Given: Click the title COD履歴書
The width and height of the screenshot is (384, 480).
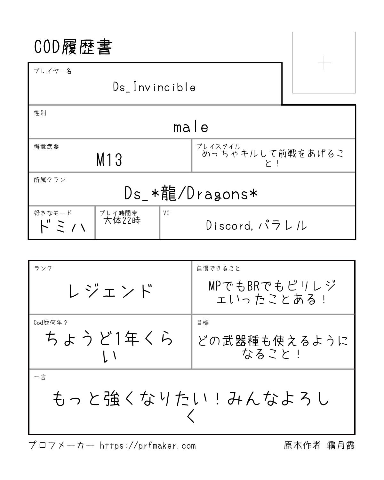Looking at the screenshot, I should (73, 47).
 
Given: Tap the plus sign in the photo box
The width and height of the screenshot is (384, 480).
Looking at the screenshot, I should (324, 62).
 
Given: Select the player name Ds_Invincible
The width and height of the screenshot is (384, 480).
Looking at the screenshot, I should (154, 87).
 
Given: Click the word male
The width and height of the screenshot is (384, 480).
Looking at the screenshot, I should (191, 127).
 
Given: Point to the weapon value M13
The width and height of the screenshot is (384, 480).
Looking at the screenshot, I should (109, 159).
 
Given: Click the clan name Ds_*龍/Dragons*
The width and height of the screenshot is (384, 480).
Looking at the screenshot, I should (191, 194).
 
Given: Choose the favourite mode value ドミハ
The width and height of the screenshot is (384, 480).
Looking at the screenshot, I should (61, 227).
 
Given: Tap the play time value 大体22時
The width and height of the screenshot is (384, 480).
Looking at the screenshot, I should (122, 220).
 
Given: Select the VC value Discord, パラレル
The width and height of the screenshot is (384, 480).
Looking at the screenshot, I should (256, 226).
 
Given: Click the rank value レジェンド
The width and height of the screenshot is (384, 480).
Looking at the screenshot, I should (110, 291).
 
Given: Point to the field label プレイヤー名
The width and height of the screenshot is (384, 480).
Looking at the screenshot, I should (52, 71).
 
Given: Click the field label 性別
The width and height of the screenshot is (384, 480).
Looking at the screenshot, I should (40, 113).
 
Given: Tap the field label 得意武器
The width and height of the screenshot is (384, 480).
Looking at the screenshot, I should (46, 147).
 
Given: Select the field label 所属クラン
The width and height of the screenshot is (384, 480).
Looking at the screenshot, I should (50, 180).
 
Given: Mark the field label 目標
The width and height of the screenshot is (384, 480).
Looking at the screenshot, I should (203, 323).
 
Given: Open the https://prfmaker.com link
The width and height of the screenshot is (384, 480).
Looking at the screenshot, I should (148, 445).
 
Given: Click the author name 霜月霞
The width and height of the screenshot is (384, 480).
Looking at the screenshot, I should (341, 445).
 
